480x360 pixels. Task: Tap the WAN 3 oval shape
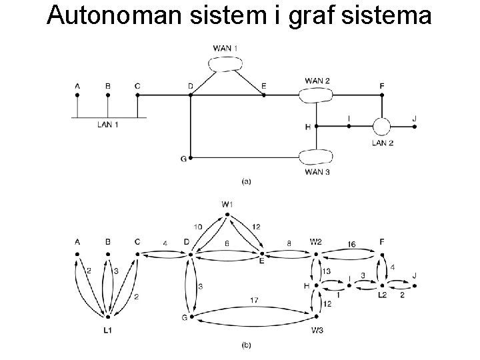click(x=317, y=157)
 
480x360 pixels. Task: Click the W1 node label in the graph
click(x=227, y=204)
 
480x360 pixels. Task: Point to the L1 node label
click(x=107, y=330)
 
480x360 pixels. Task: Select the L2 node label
click(x=383, y=295)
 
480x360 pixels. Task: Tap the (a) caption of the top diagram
click(x=245, y=180)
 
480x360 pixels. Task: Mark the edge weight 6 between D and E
click(x=227, y=245)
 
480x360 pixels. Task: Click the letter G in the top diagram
click(x=183, y=159)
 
